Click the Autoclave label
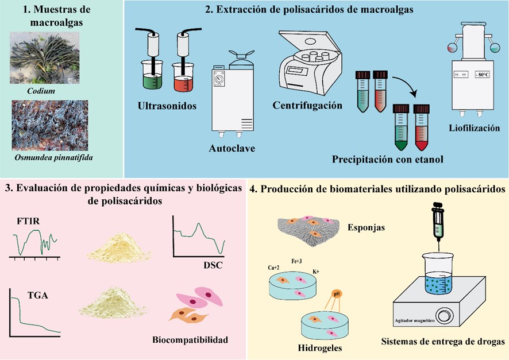232,149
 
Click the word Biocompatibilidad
190,340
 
